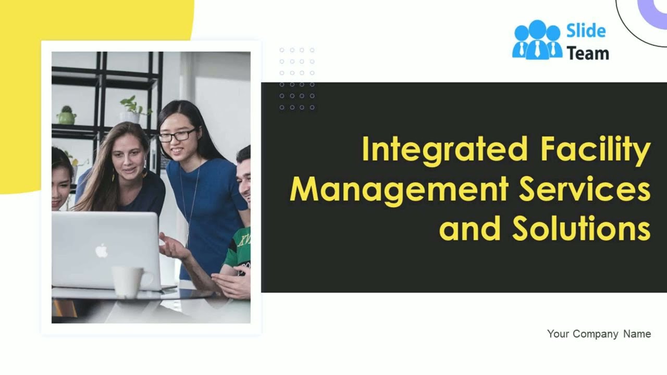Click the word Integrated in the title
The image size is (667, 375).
pyautogui.click(x=444, y=149)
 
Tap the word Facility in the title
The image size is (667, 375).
pyautogui.click(x=595, y=149)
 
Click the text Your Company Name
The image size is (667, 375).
pyautogui.click(x=599, y=334)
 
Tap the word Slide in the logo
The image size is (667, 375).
pyautogui.click(x=586, y=31)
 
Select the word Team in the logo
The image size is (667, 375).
pyautogui.click(x=587, y=53)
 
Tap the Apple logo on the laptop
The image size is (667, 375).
pyautogui.click(x=102, y=251)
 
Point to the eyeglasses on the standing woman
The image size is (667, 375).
pyautogui.click(x=177, y=135)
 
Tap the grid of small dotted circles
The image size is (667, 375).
pyautogui.click(x=297, y=79)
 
